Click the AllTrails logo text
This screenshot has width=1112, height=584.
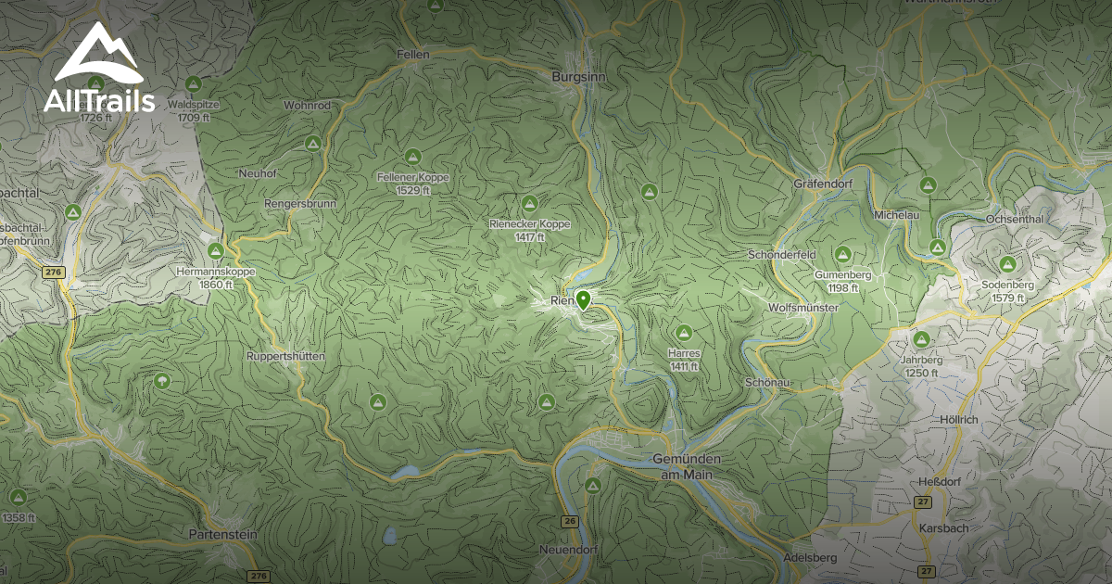point(99,101)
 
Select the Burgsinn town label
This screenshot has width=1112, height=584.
point(577,77)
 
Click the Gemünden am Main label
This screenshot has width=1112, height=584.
point(687,467)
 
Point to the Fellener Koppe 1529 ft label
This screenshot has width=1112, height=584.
point(413,183)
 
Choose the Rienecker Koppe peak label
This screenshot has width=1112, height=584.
point(530,230)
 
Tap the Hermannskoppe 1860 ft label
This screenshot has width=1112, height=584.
point(215,277)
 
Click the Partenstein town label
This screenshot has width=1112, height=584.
point(221,534)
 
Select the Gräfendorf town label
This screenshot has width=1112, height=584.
point(822,184)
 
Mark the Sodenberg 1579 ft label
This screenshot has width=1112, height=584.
point(1007,290)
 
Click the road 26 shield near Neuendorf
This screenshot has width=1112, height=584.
point(569,522)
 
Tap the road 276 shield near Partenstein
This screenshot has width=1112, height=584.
point(259,576)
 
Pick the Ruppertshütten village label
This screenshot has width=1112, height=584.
point(285,356)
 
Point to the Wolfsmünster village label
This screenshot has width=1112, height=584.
point(803,307)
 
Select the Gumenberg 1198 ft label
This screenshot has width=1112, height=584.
point(843,281)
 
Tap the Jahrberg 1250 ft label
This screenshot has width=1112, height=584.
point(921,365)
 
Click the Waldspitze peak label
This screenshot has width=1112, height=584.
point(193,111)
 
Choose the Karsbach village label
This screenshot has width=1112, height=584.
point(943,527)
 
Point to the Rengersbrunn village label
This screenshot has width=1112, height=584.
point(300,203)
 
